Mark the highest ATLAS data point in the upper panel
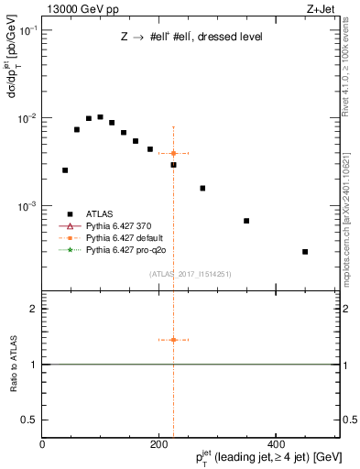[x=100, y=117]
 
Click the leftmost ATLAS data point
[x=65, y=170]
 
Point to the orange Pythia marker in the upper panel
[x=173, y=153]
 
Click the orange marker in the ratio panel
[x=173, y=340]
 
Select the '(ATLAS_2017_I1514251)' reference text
[x=191, y=274]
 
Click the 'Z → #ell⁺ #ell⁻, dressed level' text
[x=191, y=38]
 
